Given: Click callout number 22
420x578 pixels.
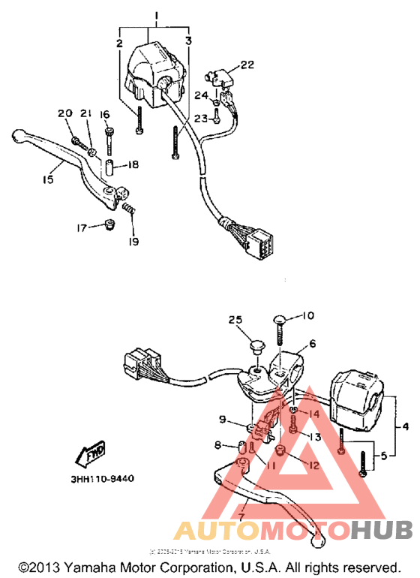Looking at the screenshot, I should [247, 65].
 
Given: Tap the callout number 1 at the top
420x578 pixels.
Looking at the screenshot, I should [156, 16].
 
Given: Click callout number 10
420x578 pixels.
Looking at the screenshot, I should [309, 315].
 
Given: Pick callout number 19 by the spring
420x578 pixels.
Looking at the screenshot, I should [133, 242].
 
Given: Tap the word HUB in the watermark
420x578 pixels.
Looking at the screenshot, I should [381, 531].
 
